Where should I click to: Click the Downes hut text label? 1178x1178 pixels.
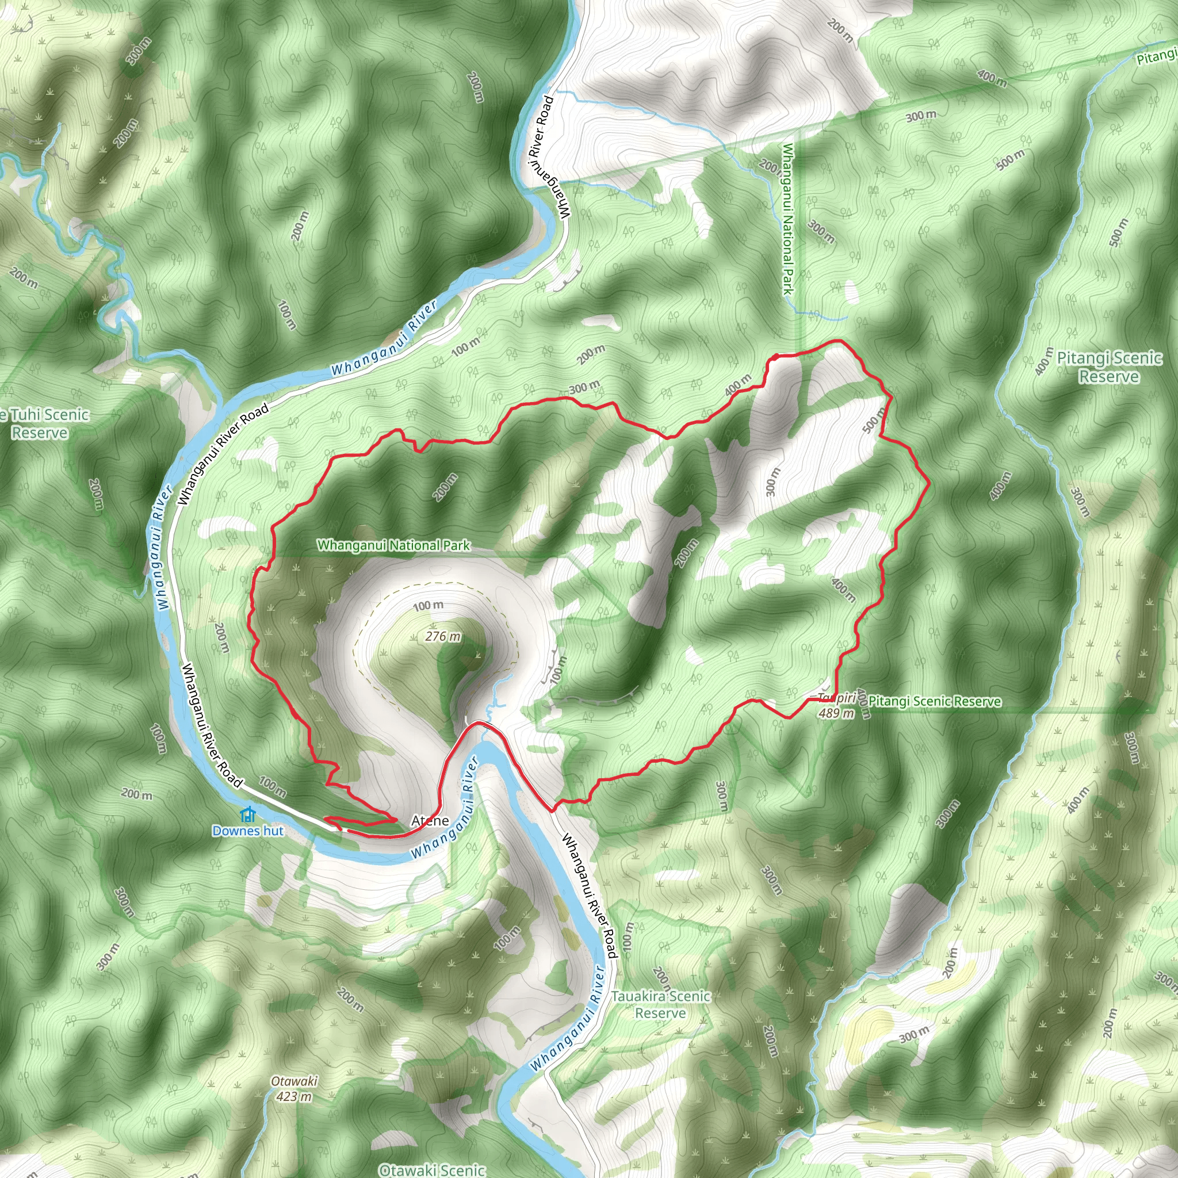[x=247, y=831]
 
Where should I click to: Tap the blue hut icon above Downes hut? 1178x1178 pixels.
[x=247, y=814]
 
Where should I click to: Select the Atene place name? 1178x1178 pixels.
[x=430, y=820]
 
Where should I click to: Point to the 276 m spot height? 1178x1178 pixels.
[x=443, y=636]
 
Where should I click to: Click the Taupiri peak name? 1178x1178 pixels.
[x=836, y=698]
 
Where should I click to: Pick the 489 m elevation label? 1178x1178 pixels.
[x=836, y=712]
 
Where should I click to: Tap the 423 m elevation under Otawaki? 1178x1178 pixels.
[x=294, y=1096]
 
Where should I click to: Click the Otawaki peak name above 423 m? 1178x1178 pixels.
[x=294, y=1081]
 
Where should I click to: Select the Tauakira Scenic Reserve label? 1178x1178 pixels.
[x=661, y=1004]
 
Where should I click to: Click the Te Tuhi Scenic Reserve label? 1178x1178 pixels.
[x=43, y=423]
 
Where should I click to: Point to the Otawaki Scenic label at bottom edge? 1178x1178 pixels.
[x=432, y=1169]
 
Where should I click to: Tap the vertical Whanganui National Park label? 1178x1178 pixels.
[x=788, y=219]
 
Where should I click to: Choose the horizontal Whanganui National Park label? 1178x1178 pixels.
[x=393, y=545]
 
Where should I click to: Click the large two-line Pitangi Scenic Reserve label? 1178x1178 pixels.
[x=1109, y=367]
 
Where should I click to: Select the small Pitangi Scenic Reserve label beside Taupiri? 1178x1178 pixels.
[x=935, y=701]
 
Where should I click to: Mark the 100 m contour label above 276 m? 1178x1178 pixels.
[x=428, y=606]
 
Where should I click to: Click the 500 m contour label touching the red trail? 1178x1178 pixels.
[x=874, y=420]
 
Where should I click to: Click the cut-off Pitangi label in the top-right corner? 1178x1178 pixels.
[x=1157, y=56]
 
